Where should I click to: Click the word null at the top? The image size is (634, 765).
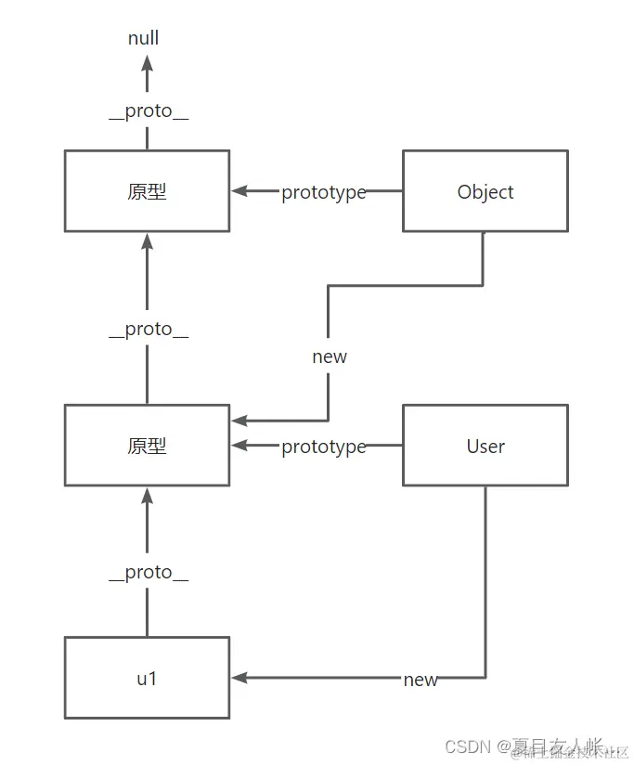tap(144, 38)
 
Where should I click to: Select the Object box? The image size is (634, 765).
tap(485, 191)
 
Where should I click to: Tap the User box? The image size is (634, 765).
tap(485, 446)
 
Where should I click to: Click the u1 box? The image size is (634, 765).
tap(147, 678)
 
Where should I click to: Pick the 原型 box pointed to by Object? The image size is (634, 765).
tap(147, 191)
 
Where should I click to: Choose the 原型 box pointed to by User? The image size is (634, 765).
tap(147, 446)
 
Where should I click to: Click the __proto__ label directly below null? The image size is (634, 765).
tap(149, 110)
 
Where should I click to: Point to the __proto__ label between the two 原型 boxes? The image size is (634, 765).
tap(149, 329)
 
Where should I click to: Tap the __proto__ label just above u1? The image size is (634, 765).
tap(149, 572)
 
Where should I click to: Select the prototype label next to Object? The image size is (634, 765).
tap(324, 192)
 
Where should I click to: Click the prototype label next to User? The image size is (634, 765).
tap(324, 447)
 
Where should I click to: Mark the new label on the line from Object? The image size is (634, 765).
tap(330, 357)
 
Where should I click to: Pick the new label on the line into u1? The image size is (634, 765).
tap(421, 680)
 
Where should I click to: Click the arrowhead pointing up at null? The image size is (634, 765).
tap(147, 63)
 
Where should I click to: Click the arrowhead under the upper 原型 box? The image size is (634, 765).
tap(147, 241)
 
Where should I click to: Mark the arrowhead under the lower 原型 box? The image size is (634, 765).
tap(147, 495)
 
